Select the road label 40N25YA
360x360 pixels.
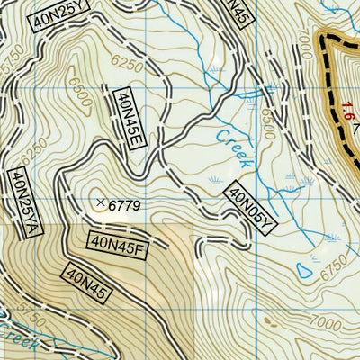[18, 202]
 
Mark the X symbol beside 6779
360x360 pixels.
[100, 202]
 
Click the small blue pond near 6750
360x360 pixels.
[308, 268]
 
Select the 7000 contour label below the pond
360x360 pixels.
[317, 320]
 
